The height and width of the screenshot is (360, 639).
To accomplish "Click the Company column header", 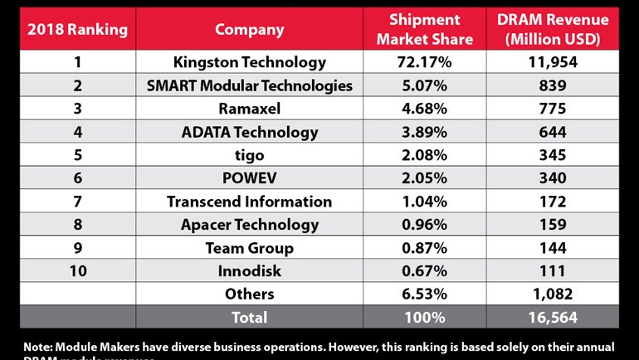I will (x=249, y=30).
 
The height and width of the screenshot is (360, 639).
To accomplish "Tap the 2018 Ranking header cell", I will (x=77, y=30).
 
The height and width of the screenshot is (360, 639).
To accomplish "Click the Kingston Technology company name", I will (x=249, y=62).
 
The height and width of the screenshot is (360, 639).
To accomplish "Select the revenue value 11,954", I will (x=554, y=62).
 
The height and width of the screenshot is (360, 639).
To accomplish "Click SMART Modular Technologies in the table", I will (x=249, y=85).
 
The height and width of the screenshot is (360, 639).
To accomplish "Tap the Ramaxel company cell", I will (x=249, y=109).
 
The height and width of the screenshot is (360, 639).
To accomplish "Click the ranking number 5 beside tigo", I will (x=77, y=155).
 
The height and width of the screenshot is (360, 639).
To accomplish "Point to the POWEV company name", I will (x=249, y=178).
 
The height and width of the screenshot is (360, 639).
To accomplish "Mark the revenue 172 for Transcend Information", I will (x=554, y=202).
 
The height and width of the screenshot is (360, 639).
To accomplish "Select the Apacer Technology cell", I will (x=249, y=224).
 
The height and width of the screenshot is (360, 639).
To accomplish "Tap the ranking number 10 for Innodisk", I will (x=77, y=270).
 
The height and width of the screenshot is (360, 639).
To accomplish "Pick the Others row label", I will (x=249, y=294).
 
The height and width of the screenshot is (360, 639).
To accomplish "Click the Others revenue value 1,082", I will (x=554, y=294).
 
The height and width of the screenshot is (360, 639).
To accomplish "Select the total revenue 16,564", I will (x=554, y=317).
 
